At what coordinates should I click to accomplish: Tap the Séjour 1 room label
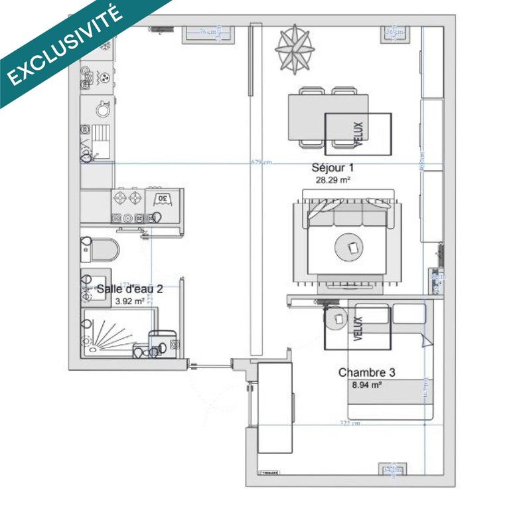tap(331, 169)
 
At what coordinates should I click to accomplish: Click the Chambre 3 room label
tap(362, 373)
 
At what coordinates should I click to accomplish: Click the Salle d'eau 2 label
tap(129, 289)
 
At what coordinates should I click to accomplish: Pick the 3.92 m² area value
tap(129, 301)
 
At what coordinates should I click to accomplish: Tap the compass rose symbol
tap(295, 49)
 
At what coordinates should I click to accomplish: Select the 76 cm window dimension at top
tap(210, 31)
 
